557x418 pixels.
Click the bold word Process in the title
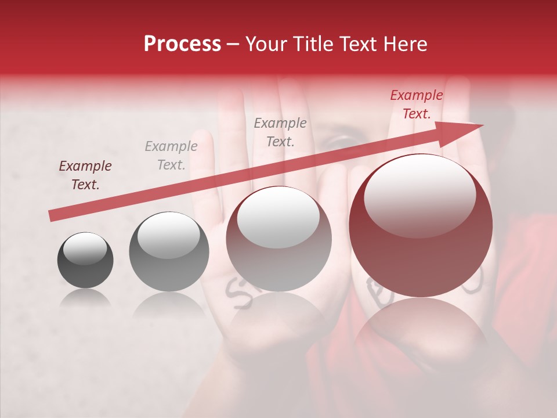[182, 44]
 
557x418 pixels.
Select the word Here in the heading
[404, 44]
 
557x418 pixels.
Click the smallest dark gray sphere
[85, 260]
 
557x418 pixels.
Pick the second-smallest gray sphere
[169, 251]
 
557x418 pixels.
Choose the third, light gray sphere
[278, 239]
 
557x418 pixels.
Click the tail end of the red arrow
[52, 215]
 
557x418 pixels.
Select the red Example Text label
[417, 105]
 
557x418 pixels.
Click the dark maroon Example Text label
[85, 175]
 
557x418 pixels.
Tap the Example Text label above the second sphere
[171, 156]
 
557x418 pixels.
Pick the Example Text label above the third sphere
[280, 132]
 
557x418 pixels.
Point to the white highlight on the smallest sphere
[85, 249]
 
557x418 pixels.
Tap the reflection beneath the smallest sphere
[85, 298]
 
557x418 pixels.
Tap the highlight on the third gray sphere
[278, 217]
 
